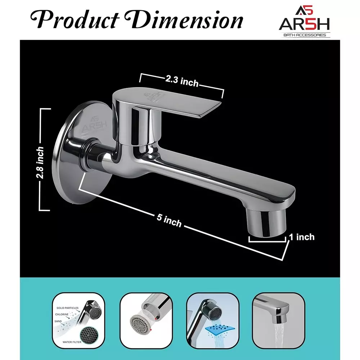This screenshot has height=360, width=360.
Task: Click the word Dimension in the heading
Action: tap(188, 20)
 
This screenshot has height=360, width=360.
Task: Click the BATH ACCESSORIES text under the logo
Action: tap(305, 35)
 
